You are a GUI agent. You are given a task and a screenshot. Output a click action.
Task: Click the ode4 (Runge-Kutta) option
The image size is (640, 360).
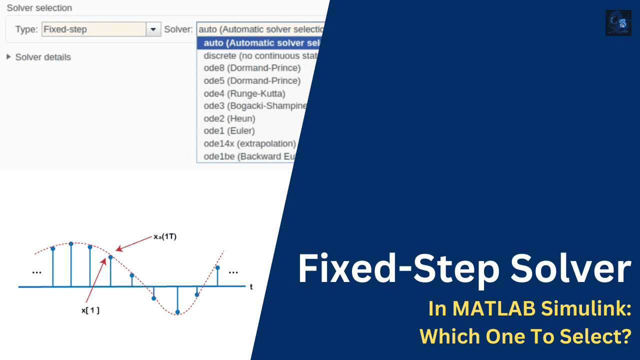244,93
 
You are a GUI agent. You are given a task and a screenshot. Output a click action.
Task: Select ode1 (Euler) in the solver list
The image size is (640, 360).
229,131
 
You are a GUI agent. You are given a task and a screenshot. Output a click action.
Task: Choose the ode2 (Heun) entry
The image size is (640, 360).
229,118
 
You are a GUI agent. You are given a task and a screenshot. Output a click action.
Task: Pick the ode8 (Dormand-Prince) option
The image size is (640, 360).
252,68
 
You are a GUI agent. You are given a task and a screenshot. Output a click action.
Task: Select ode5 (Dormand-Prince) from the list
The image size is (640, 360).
252,80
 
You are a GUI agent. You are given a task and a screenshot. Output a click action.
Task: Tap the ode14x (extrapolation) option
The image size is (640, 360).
250,143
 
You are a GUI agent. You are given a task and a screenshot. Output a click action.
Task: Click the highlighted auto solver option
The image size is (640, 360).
260,43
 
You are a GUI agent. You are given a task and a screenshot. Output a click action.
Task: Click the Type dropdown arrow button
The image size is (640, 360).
153,29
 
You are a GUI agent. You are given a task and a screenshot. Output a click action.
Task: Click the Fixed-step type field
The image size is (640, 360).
93,29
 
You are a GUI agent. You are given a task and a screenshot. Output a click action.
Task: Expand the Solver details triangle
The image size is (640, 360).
8,57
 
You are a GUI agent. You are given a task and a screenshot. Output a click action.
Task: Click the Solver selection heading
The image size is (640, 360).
39,8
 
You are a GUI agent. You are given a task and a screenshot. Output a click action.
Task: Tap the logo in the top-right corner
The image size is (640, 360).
618,23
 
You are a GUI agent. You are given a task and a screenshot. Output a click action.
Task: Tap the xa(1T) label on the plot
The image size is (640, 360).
165,237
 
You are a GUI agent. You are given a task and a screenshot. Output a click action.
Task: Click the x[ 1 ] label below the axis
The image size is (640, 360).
90,310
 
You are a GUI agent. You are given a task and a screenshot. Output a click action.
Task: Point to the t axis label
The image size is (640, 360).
251,287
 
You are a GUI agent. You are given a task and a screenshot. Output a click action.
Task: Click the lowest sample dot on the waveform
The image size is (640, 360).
177,312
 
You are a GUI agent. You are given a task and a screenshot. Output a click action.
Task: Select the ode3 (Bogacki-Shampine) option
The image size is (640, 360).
255,106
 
